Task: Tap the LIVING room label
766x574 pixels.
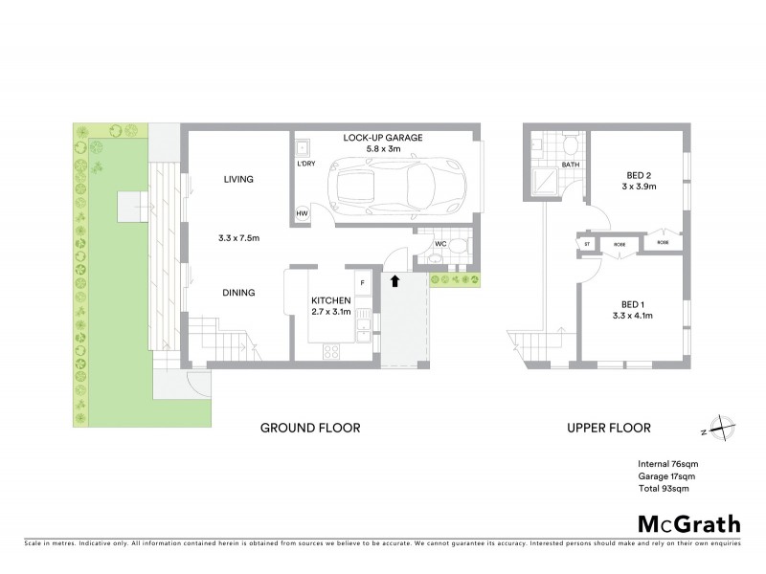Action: click(x=237, y=179)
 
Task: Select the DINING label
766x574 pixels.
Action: click(x=238, y=293)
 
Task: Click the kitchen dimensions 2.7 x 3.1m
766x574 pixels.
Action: click(x=331, y=312)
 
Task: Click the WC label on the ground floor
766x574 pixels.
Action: click(x=440, y=243)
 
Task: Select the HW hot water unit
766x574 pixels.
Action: click(x=302, y=213)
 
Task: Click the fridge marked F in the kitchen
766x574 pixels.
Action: click(x=363, y=284)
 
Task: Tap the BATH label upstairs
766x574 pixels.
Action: click(x=571, y=165)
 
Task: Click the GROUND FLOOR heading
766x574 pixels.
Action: click(x=310, y=428)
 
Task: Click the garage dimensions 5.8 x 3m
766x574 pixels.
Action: click(x=382, y=149)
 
